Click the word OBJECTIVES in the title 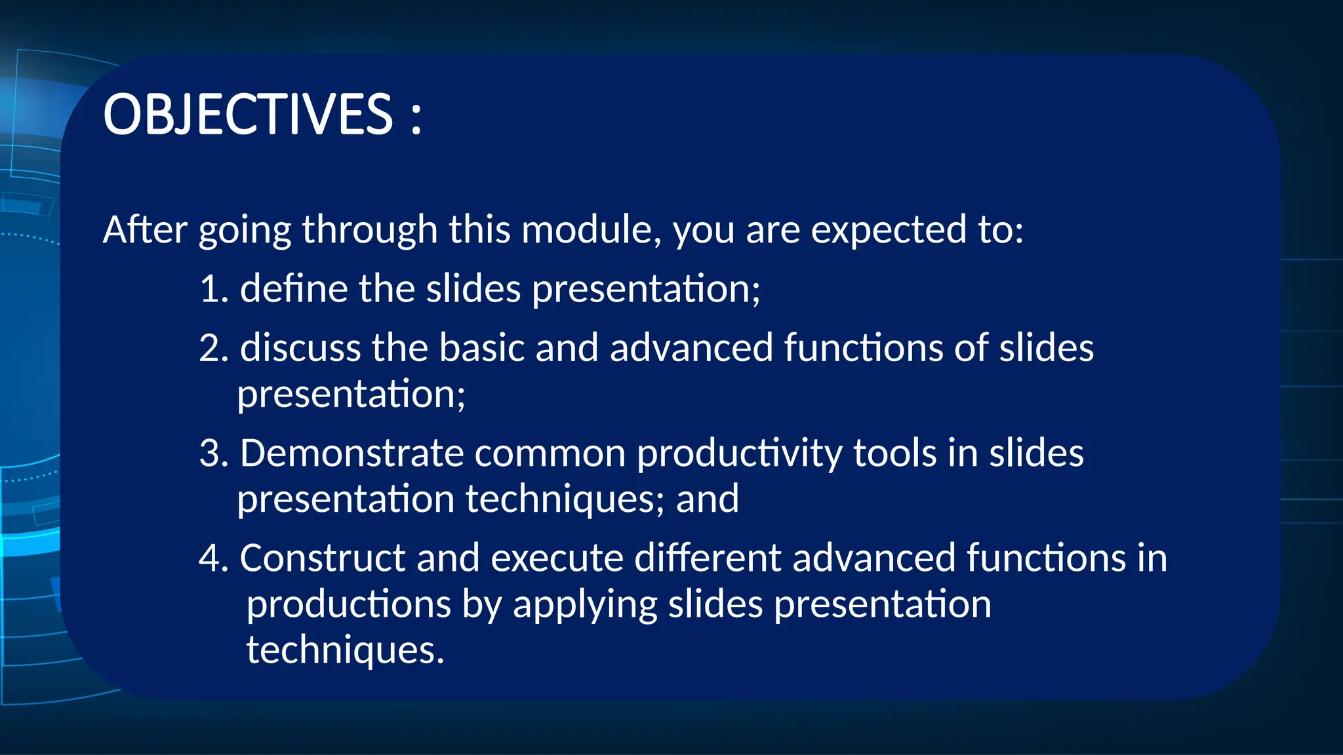coord(248,115)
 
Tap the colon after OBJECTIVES coord(416,118)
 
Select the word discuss coord(300,348)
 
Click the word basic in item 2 coord(481,348)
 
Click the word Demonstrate coord(351,454)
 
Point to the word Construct coord(323,558)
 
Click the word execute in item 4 coord(557,558)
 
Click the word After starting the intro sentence coord(145,230)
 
